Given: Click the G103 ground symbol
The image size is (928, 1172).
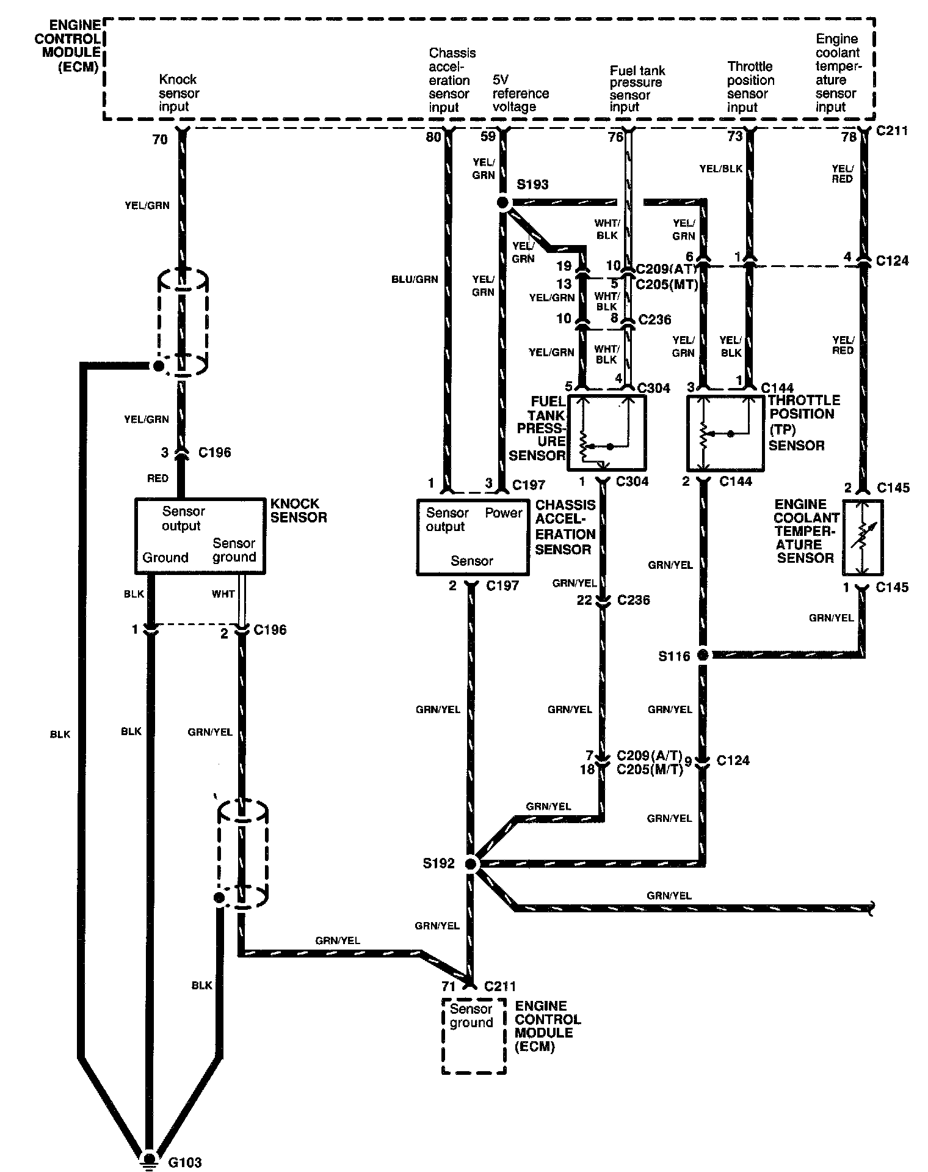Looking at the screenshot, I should click(148, 1156).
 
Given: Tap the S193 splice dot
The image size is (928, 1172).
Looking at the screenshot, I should click(503, 202).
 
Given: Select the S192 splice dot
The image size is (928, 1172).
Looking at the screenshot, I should click(470, 863).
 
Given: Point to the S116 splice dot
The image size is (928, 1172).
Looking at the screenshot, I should click(703, 655).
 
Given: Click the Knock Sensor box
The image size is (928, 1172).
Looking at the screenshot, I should click(200, 535).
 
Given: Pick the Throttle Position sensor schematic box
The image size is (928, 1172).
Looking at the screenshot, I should click(725, 433).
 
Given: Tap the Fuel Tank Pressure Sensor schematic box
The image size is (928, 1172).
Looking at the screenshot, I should click(606, 433).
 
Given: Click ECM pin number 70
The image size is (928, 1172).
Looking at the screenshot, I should click(159, 140).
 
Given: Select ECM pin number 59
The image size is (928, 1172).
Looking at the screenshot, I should click(488, 137).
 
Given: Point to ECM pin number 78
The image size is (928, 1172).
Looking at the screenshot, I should click(849, 137).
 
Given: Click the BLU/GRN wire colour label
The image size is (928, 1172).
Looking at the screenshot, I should click(415, 279).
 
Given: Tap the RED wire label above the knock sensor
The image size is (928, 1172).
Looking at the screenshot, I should click(158, 478).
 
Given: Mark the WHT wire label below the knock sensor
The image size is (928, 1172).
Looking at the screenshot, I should click(223, 593).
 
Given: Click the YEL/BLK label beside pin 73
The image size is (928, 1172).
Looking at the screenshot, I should click(720, 168).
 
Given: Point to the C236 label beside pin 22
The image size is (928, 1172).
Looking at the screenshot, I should click(633, 599).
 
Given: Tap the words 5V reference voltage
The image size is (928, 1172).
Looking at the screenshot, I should click(520, 93).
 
